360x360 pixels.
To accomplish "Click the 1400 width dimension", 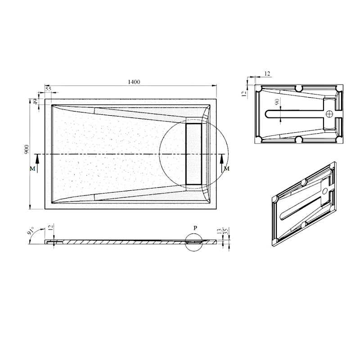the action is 134,82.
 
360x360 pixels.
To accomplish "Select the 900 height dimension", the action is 27,149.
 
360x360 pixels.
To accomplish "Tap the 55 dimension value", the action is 48,89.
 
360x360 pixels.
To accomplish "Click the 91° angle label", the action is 31,230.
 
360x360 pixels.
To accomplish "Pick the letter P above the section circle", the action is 195,228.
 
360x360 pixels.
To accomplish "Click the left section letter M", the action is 32,169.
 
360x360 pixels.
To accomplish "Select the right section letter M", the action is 227,169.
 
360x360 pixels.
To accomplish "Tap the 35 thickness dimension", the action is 226,231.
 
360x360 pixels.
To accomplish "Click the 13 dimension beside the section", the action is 219,231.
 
